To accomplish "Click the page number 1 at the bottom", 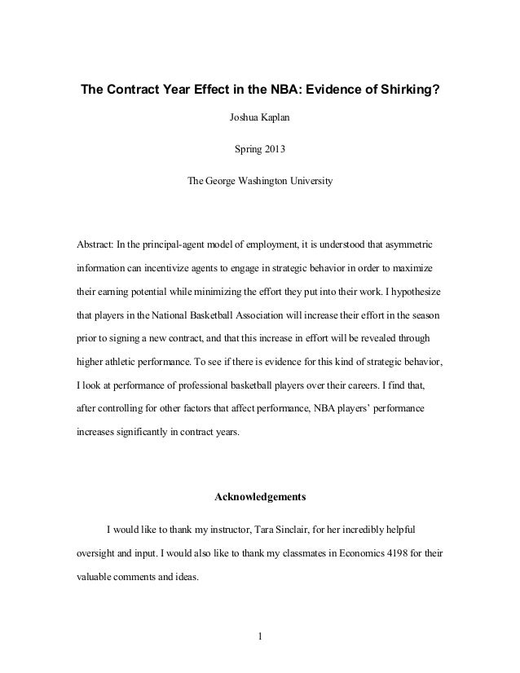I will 260,637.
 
